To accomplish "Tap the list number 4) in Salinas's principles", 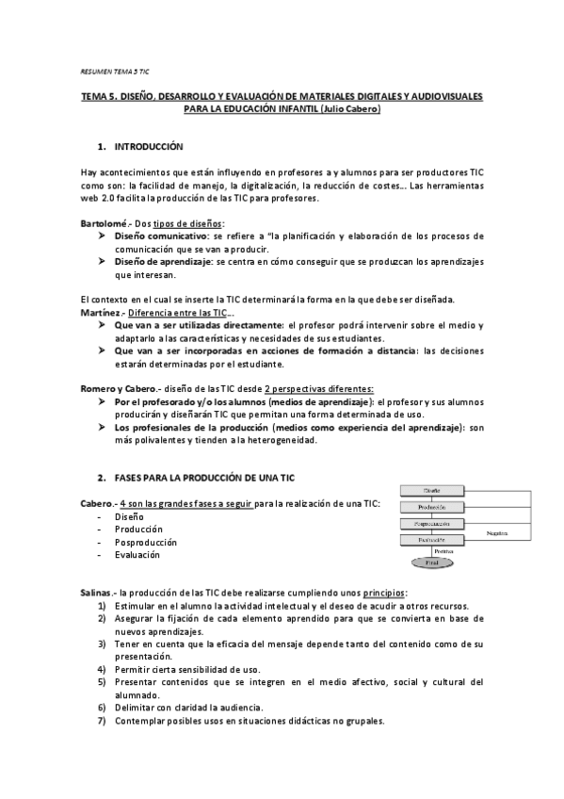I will pyautogui.click(x=102, y=668).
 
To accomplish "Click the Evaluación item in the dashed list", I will pyautogui.click(x=137, y=555).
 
